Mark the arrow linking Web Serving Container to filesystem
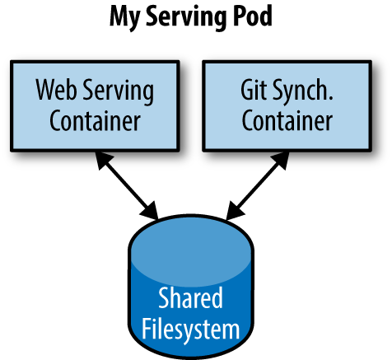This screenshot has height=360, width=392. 128,185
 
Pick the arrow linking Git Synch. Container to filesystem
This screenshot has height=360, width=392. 258,185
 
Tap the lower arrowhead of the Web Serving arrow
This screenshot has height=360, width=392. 153,211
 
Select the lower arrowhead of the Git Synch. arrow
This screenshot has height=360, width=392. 231,211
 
